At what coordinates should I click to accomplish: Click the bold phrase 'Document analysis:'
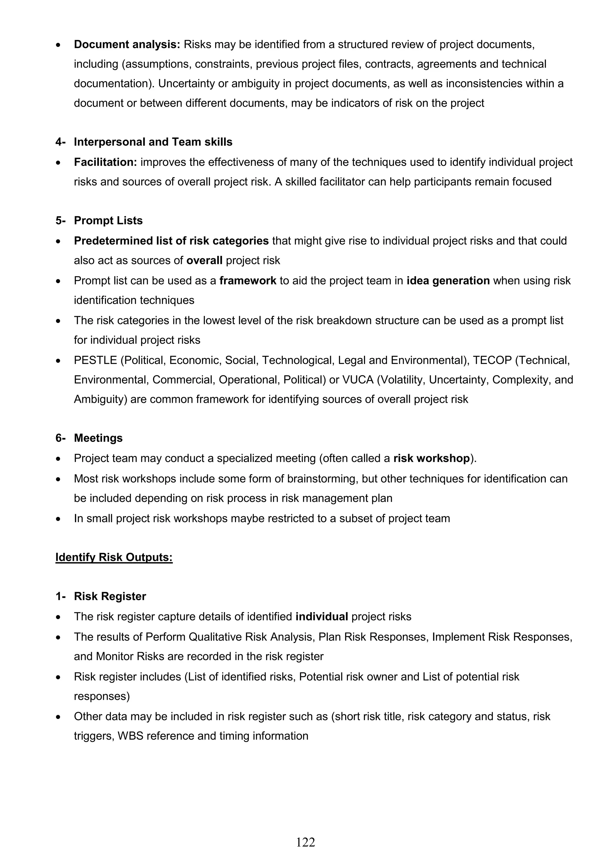point(127,44)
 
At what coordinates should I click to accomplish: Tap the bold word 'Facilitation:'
point(105,162)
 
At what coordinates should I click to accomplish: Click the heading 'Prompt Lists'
point(108,220)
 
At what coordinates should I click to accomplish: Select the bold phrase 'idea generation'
point(448,281)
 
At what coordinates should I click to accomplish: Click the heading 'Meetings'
point(98,438)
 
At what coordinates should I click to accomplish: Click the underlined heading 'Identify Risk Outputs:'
point(114,557)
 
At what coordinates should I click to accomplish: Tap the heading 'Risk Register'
point(110,596)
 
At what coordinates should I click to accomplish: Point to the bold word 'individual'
point(322,617)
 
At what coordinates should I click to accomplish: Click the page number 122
point(305,842)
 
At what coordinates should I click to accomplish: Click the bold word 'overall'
point(204,261)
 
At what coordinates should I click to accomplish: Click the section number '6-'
point(60,438)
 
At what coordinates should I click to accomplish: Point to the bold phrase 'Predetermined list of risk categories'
point(171,241)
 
